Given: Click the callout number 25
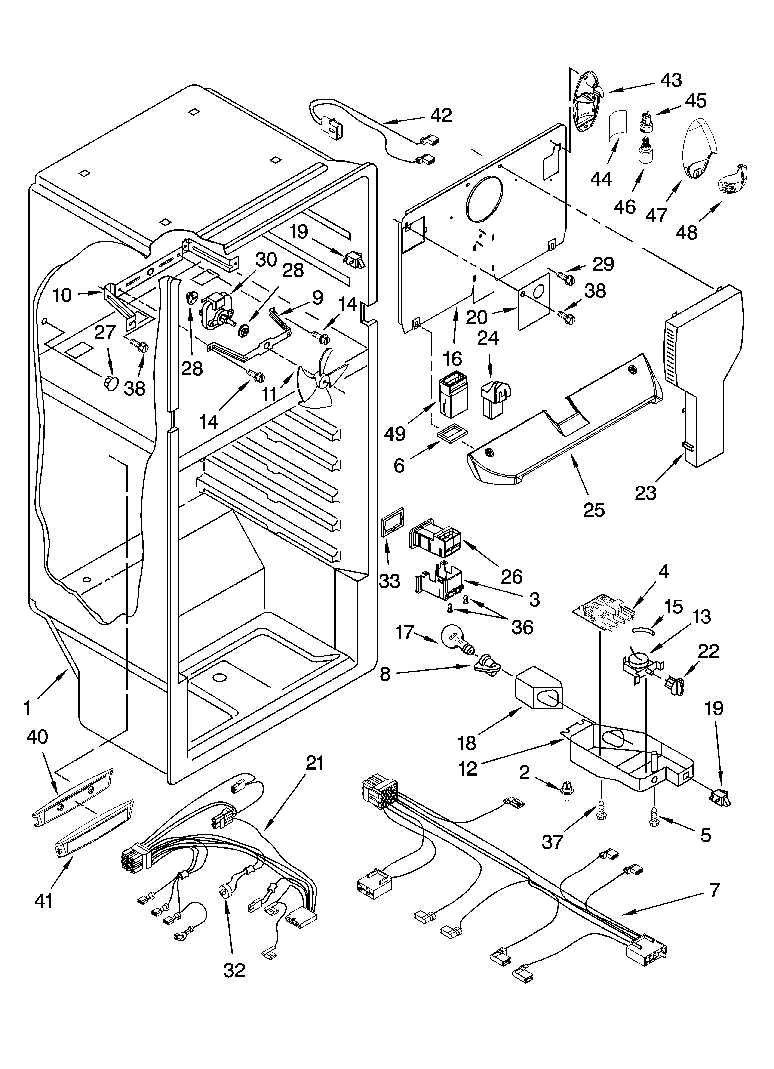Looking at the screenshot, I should point(593,510).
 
